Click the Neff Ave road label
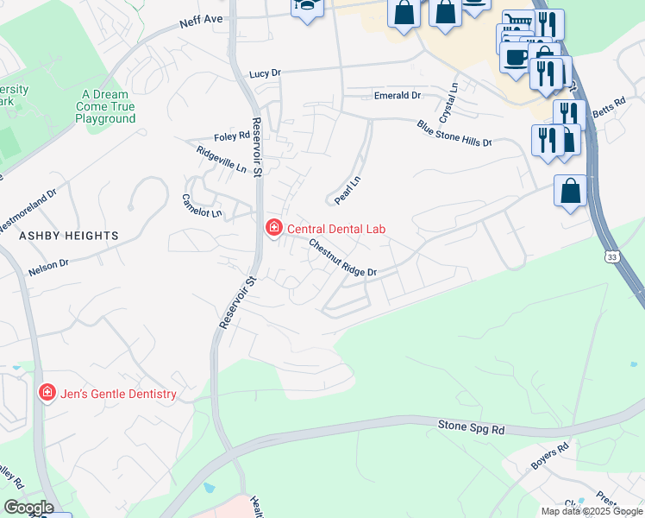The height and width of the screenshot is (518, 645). pyautogui.click(x=202, y=22)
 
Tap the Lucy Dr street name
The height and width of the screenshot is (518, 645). pyautogui.click(x=265, y=74)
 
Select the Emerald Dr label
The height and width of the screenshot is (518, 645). pyautogui.click(x=397, y=95)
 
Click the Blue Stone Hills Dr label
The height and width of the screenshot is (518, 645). pyautogui.click(x=454, y=133)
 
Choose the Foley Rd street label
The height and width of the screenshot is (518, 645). pyautogui.click(x=232, y=136)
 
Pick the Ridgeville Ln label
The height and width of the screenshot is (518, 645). pyautogui.click(x=222, y=159)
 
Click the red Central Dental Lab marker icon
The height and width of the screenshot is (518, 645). pyautogui.click(x=273, y=228)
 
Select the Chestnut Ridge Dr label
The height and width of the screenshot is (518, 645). pyautogui.click(x=343, y=258)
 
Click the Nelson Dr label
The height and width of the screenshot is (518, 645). pyautogui.click(x=47, y=268)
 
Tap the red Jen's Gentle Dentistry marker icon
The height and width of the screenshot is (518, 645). pyautogui.click(x=46, y=393)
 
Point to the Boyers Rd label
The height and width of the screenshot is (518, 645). pyautogui.click(x=550, y=457)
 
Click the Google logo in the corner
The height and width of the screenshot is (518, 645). pyautogui.click(x=28, y=507)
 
